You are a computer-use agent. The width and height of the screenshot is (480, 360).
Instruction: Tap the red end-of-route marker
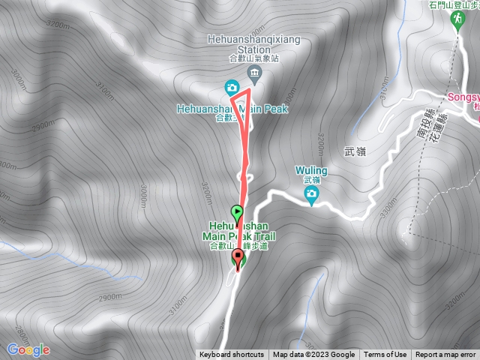pos(239,260)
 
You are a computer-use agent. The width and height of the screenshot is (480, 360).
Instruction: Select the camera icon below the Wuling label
pos(311,196)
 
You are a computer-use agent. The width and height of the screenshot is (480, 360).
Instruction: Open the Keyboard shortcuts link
pos(231,355)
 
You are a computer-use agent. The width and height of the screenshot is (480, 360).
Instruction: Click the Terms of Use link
pos(385,355)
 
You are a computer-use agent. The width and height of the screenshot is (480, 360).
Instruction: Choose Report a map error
pos(445,355)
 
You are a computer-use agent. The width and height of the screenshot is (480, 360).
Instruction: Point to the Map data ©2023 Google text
pos(313,355)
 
